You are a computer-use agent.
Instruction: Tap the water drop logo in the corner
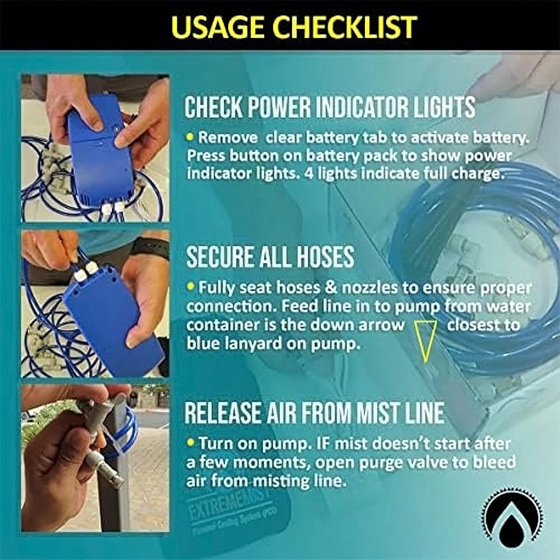click(512, 519)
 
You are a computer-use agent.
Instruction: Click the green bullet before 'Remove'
click(190, 137)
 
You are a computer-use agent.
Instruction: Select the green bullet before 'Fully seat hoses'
click(190, 287)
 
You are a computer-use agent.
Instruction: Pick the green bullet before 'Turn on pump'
click(190, 442)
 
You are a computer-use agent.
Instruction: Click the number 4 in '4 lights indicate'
click(308, 173)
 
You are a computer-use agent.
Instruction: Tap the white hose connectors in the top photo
click(113, 209)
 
